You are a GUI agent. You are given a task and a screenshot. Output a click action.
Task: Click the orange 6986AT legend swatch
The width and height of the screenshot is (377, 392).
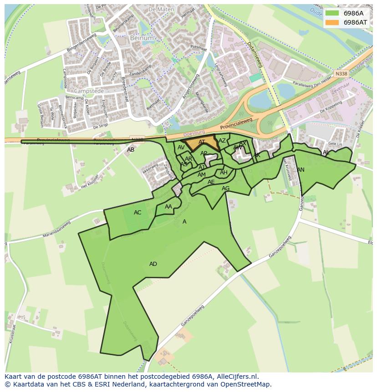click(332, 22)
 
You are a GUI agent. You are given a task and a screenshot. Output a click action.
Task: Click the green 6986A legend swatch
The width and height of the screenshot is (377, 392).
click(332, 13)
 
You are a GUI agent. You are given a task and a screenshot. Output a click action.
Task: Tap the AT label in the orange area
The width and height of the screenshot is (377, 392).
click(202, 142)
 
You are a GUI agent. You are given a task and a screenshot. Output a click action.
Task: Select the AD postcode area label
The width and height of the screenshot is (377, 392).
click(153, 264)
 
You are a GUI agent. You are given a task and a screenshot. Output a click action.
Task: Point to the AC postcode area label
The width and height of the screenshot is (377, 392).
click(138, 213)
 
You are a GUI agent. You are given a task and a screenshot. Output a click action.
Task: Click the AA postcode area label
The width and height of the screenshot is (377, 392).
click(168, 207)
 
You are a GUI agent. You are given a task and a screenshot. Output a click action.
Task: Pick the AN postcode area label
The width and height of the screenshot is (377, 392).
click(301, 170)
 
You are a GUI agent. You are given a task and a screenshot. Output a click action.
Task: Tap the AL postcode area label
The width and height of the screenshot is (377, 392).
click(326, 153)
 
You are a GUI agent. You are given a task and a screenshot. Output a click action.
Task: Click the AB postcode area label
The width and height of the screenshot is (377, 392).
click(131, 150)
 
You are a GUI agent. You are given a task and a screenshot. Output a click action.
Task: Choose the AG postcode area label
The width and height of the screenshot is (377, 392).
click(225, 188)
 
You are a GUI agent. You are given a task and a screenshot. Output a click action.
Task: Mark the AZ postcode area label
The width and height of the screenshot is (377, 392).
click(222, 141)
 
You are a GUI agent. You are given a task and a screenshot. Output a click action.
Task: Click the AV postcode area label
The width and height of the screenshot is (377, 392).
click(181, 148)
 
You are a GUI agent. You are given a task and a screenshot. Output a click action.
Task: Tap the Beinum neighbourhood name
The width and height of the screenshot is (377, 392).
click(142, 38)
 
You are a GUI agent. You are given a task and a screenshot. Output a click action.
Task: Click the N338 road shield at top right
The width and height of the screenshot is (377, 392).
click(340, 73)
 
